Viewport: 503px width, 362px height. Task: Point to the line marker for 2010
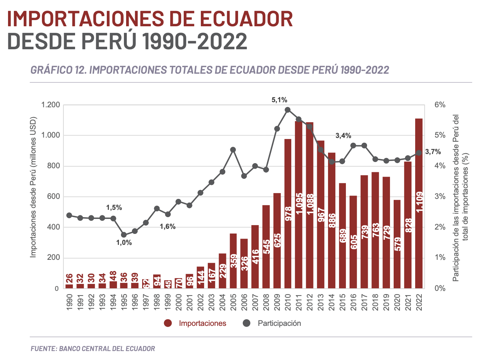288,110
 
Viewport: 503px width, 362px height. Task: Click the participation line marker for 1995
124,235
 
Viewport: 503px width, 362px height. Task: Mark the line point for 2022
419,153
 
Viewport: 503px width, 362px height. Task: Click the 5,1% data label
279,100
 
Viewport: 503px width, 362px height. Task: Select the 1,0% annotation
124,243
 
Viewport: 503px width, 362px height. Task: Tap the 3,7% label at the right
433,152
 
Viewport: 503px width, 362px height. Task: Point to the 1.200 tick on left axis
50,105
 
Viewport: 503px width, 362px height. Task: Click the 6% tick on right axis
440,105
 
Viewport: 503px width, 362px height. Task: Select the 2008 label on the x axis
266,301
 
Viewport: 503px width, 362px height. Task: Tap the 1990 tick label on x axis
70,301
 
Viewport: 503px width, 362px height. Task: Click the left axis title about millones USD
34,187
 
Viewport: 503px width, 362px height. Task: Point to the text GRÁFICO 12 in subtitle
58,70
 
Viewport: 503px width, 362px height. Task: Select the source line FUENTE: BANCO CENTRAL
93,348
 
